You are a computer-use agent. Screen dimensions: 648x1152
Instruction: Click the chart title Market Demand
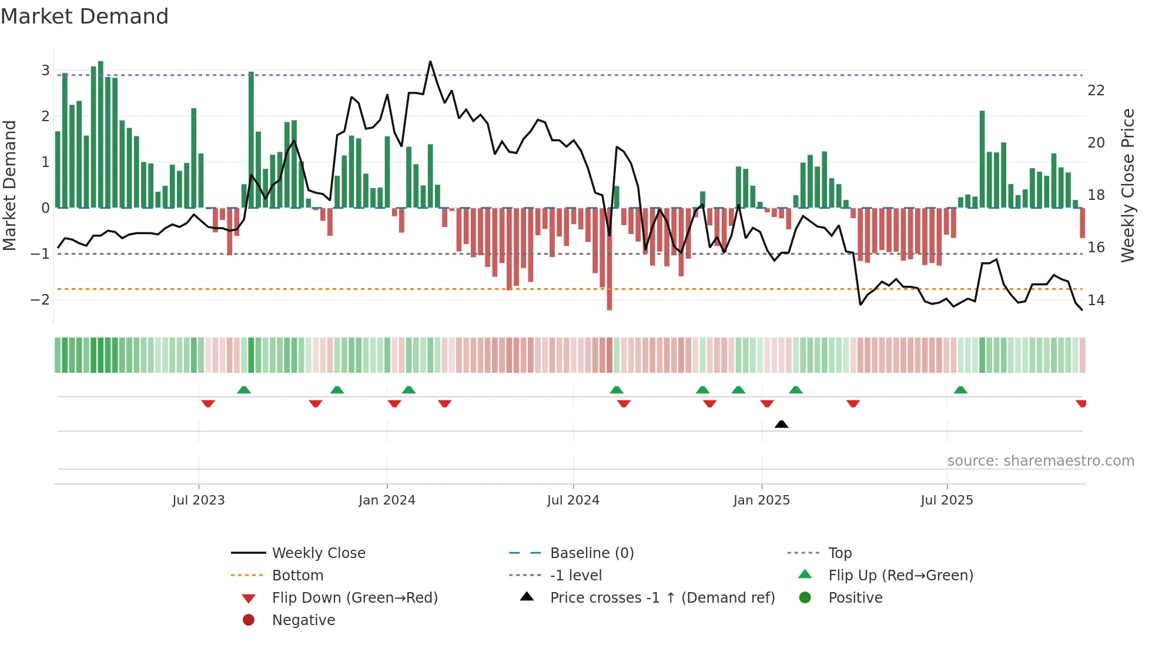(x=85, y=16)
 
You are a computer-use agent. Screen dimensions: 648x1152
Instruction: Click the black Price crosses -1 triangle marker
(x=781, y=424)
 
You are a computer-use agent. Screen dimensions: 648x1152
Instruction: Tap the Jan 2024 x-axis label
(x=387, y=500)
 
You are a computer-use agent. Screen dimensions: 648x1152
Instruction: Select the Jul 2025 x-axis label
(x=946, y=500)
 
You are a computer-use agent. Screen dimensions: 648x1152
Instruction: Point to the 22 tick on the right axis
(x=1096, y=91)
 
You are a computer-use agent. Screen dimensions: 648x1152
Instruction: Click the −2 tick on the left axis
(x=40, y=300)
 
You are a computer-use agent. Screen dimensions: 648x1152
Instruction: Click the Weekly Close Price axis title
(x=1127, y=185)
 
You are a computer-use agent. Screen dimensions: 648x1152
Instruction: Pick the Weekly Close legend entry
(x=318, y=553)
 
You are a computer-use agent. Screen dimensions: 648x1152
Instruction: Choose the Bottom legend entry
(x=297, y=576)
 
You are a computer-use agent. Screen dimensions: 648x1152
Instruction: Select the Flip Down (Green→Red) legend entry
(x=354, y=598)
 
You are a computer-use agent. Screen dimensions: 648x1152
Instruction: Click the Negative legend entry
(x=303, y=620)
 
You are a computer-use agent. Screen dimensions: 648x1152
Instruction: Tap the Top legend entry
(x=839, y=553)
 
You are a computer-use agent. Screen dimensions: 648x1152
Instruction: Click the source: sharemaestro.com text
(x=1040, y=461)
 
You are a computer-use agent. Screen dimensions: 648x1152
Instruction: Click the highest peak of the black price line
(x=430, y=62)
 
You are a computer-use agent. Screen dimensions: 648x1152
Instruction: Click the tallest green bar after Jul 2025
(x=982, y=159)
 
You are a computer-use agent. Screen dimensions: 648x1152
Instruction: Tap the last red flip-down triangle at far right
(x=1081, y=403)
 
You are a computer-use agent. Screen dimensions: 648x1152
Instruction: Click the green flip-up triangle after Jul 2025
(x=960, y=390)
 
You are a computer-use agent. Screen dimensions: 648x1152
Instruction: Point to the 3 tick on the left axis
(x=45, y=71)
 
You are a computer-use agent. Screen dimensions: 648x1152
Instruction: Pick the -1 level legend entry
(x=575, y=576)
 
